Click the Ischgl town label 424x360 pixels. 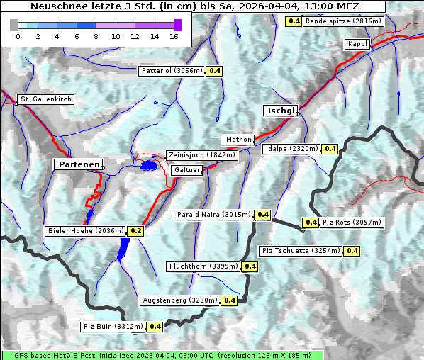(x=281, y=111)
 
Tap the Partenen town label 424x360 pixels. (x=78, y=164)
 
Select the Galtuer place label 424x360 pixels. (x=187, y=170)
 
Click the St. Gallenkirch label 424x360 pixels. (x=45, y=99)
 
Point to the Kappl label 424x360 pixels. (x=357, y=44)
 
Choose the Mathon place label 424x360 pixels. (x=238, y=140)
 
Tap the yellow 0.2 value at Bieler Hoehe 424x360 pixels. (x=136, y=231)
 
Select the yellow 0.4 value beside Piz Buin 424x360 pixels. (x=155, y=327)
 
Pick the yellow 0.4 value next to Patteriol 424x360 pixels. (x=215, y=71)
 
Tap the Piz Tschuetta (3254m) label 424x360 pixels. (x=301, y=251)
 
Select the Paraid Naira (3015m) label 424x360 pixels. (x=213, y=214)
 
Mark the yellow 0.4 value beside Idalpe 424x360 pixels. (x=330, y=149)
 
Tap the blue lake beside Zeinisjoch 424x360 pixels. (x=148, y=166)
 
